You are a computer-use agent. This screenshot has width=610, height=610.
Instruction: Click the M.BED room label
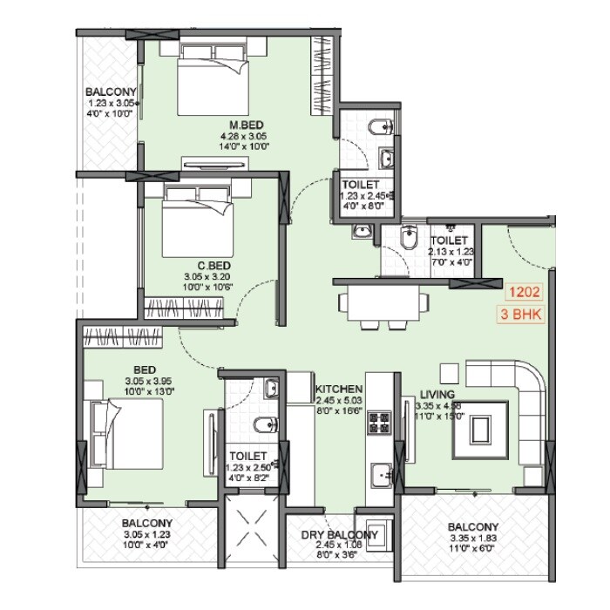[243, 125]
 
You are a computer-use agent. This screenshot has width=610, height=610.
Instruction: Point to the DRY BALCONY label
[340, 534]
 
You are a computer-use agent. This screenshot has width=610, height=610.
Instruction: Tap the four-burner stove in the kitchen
[381, 424]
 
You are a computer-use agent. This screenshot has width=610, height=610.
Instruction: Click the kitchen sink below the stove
[381, 476]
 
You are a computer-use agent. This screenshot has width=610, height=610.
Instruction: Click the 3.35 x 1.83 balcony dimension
[473, 539]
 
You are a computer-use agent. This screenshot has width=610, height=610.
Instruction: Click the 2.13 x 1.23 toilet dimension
[450, 251]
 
